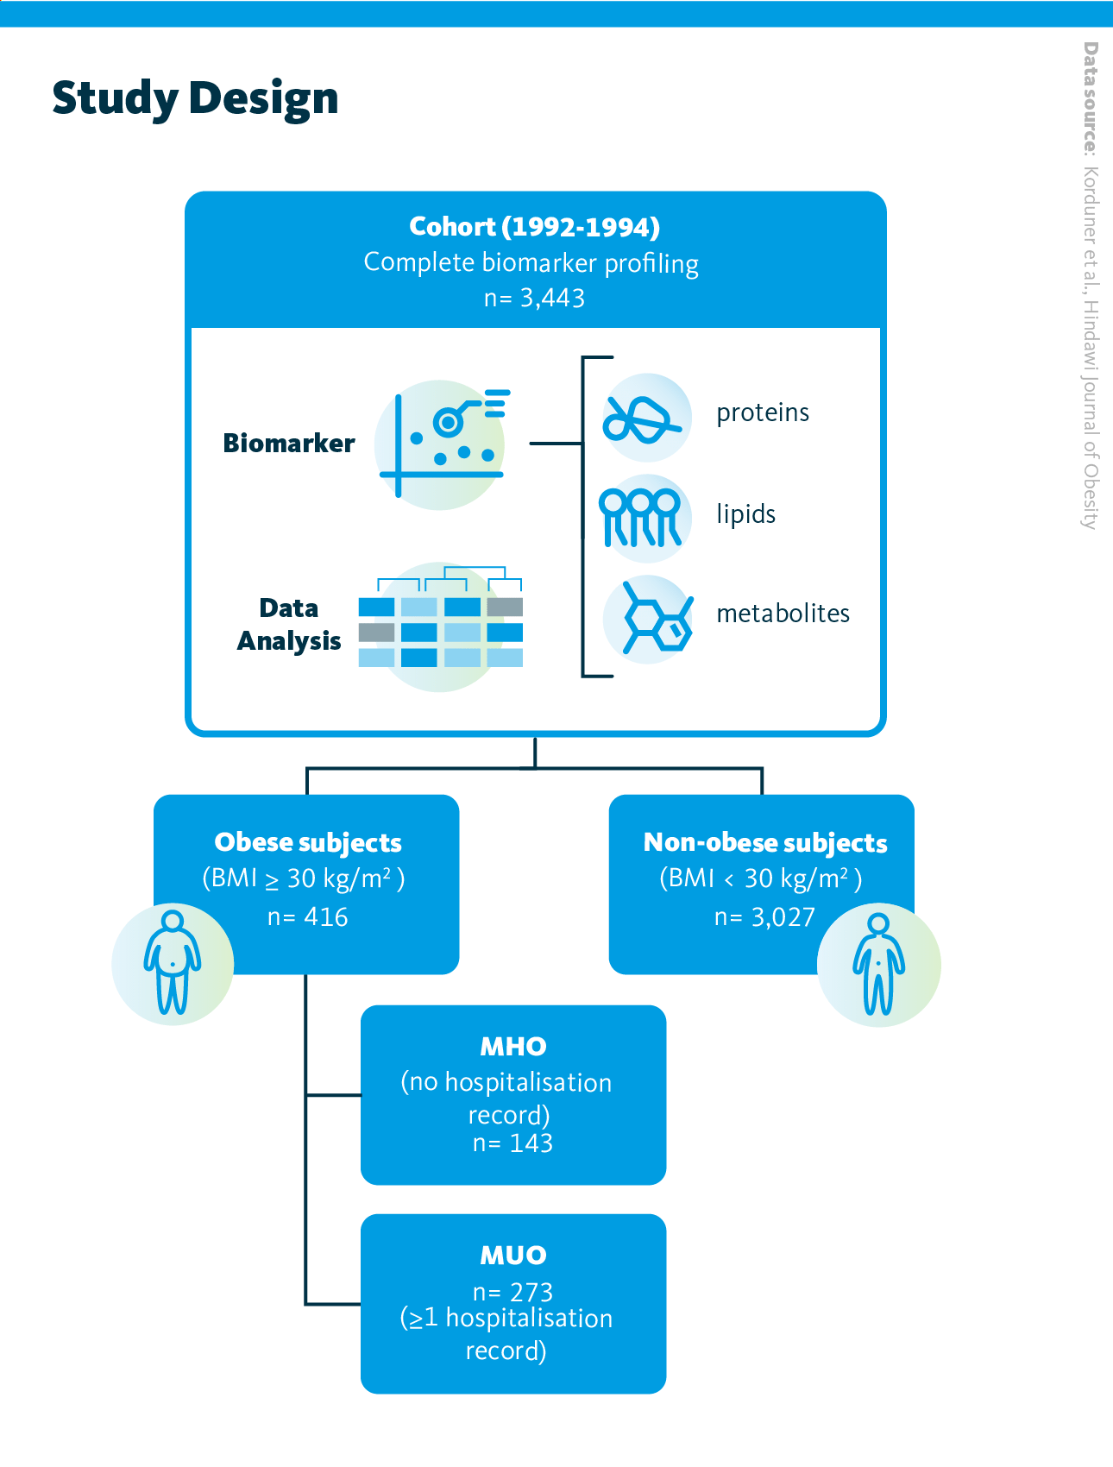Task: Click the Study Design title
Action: click(195, 98)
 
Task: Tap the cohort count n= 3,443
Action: click(534, 298)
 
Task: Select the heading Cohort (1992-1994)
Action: click(534, 227)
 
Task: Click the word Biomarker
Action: click(289, 443)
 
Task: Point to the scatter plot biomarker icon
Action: click(441, 444)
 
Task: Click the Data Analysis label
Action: click(289, 625)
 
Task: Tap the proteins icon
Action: click(645, 418)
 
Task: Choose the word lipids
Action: click(746, 514)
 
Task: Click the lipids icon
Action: click(642, 517)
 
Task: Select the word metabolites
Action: click(783, 614)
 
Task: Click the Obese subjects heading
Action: click(308, 842)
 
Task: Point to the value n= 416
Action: click(308, 916)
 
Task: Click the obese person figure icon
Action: click(173, 963)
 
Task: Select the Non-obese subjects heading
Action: click(765, 842)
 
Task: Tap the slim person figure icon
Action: click(878, 965)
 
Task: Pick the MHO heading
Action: click(513, 1047)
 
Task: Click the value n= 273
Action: click(512, 1292)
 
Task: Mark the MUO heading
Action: click(513, 1256)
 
